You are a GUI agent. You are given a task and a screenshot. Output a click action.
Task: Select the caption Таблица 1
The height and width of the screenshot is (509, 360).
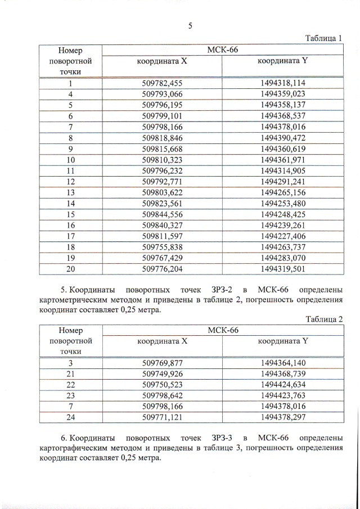[x=324, y=38]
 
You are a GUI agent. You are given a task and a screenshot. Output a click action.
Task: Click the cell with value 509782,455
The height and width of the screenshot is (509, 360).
[x=163, y=83]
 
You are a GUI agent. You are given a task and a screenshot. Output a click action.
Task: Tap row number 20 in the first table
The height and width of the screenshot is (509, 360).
[x=71, y=269]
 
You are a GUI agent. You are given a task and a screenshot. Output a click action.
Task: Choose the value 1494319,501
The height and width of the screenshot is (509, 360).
[x=283, y=269]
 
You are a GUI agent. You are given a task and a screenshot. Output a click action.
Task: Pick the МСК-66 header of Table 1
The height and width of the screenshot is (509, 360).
[x=223, y=51]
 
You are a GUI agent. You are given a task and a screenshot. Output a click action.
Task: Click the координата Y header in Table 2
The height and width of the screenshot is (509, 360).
[x=282, y=341]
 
